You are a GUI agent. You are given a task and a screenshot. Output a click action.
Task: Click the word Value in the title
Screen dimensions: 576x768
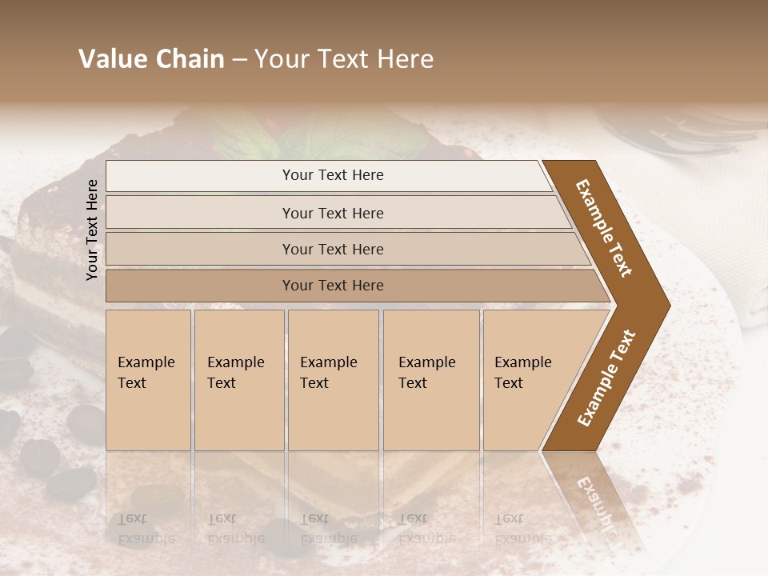111,59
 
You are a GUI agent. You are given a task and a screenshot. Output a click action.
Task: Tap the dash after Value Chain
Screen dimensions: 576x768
239,59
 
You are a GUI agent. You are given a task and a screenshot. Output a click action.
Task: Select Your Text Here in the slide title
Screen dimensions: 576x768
344,59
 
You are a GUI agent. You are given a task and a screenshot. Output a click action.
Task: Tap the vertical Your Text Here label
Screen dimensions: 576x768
92,230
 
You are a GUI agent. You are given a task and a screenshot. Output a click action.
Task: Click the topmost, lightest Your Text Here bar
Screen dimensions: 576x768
333,175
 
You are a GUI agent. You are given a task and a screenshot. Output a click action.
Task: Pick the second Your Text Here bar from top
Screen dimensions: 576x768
333,213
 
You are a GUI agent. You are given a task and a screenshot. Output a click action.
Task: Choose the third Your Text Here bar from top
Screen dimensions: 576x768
333,249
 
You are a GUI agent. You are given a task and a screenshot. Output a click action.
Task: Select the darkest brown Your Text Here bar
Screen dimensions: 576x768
333,286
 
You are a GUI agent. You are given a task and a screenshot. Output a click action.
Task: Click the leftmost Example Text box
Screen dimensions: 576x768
148,379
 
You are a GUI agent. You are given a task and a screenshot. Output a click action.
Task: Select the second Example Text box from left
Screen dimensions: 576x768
238,379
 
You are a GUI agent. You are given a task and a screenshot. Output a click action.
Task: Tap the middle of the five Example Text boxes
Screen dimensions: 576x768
333,379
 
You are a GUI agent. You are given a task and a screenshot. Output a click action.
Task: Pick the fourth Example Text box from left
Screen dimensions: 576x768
431,379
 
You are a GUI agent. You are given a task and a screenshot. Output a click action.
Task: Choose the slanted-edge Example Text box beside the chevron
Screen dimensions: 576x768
529,379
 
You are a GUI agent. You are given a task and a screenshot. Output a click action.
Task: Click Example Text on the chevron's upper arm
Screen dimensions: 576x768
604,228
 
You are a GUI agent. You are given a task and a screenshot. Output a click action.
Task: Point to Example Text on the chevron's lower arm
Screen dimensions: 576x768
606,378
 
